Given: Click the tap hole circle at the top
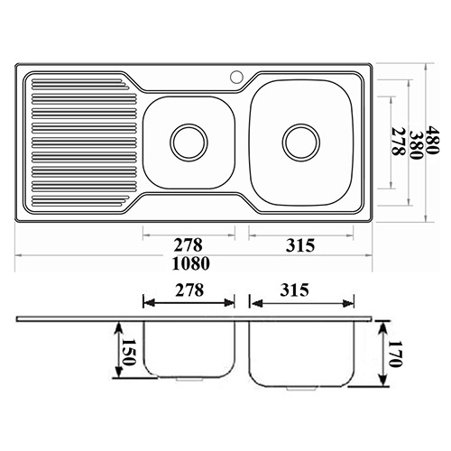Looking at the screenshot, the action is click(236, 77).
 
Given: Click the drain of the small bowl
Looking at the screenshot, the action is click(189, 142).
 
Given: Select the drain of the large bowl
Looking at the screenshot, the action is click(301, 143).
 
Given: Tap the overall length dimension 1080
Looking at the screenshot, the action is click(191, 263).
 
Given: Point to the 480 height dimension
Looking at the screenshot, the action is click(433, 140).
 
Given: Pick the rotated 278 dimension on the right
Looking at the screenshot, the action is click(399, 142).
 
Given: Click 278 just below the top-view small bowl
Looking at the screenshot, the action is click(189, 245).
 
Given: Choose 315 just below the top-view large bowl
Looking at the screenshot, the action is click(300, 245).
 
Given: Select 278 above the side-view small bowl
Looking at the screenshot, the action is click(189, 290).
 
